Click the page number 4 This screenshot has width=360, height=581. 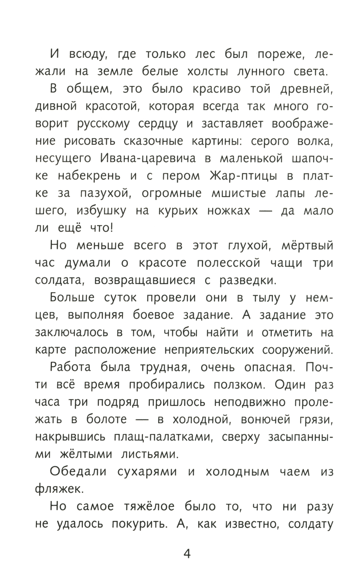[187, 553]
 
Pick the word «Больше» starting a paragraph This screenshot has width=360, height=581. [72, 298]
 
